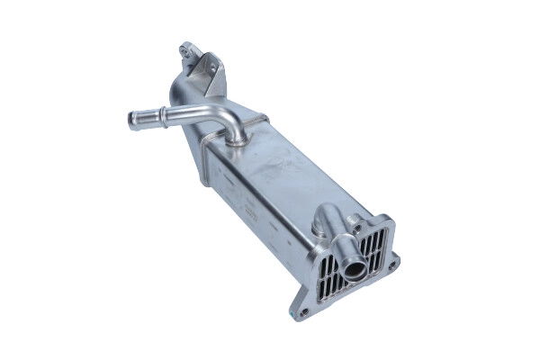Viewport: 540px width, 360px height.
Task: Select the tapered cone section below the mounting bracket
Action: click(x=184, y=94)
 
